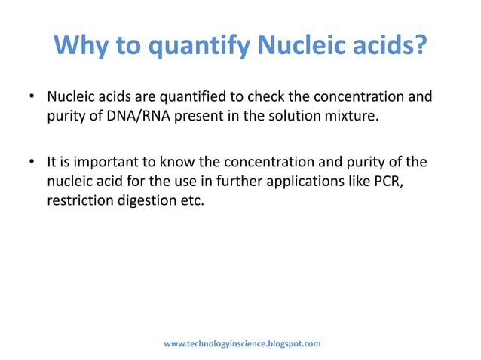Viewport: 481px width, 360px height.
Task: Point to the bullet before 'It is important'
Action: point(32,163)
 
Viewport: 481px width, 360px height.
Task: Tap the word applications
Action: point(309,182)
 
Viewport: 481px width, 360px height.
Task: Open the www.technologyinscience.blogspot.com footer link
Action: point(242,344)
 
